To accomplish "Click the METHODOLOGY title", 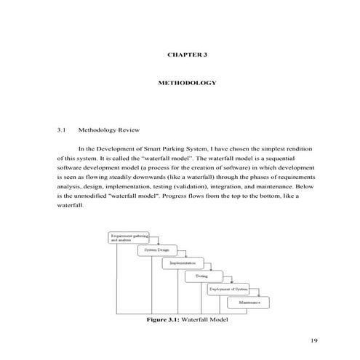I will pos(188,83).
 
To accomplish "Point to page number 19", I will pos(314,340).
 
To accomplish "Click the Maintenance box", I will pos(249,302).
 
